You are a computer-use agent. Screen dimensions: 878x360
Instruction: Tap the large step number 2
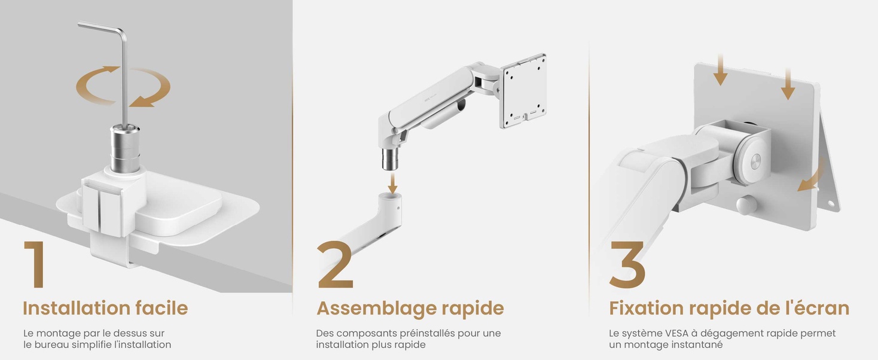tap(335, 264)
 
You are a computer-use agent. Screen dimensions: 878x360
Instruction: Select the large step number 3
tap(627, 264)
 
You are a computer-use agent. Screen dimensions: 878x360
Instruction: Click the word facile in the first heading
tap(161, 308)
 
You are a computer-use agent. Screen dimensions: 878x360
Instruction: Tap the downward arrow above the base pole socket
tap(393, 184)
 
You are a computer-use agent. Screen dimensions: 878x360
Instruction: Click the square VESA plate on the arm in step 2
tap(523, 91)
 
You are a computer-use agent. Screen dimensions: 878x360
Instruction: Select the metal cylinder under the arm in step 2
tap(389, 158)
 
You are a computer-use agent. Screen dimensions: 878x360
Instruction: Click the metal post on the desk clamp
tap(124, 148)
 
